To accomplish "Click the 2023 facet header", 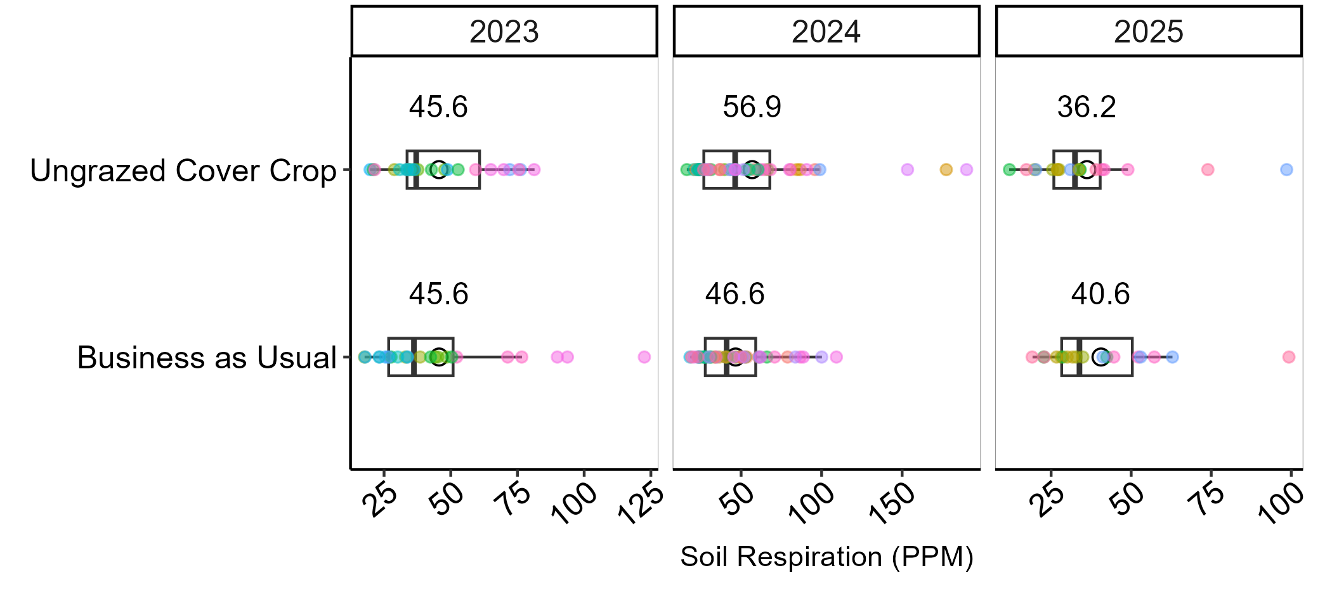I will click(x=504, y=32).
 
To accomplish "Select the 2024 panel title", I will click(x=826, y=32).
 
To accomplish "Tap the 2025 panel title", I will click(x=1148, y=32).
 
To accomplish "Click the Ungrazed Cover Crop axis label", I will click(x=183, y=171).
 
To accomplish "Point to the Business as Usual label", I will click(x=206, y=358).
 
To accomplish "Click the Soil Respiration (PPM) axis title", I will click(x=826, y=557).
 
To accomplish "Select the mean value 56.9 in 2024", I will click(x=752, y=107).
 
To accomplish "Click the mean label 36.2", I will click(x=1086, y=107).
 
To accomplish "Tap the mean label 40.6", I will click(x=1100, y=294).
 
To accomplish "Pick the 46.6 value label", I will click(x=735, y=294).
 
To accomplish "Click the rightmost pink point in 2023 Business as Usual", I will click(x=644, y=357).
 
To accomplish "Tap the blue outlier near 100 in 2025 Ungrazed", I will click(x=1286, y=169).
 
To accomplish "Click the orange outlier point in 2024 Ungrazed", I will click(x=946, y=169).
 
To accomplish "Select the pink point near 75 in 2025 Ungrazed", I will click(x=1208, y=169).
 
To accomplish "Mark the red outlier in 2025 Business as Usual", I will click(x=1288, y=357).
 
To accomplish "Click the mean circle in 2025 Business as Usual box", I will click(x=1100, y=357).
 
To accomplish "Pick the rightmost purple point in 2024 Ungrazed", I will click(x=966, y=169).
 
